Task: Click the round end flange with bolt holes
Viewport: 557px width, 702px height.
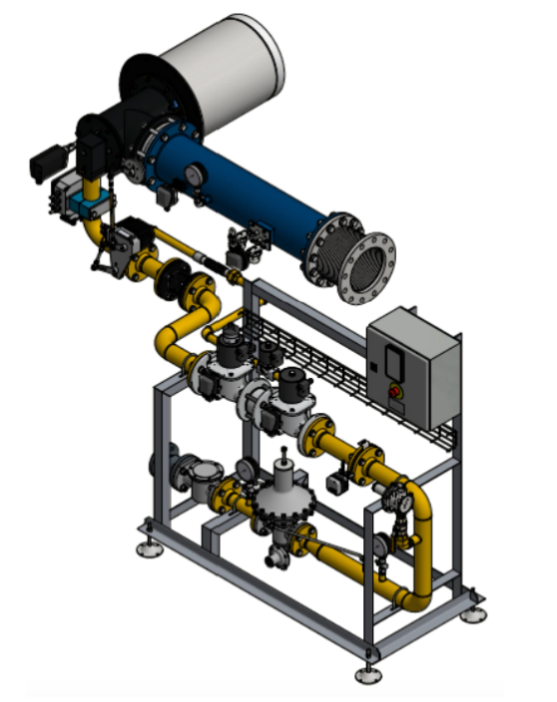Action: (365, 267)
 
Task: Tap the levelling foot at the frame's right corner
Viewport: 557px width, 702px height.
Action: (472, 611)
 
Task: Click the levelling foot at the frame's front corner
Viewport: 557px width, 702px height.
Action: (367, 674)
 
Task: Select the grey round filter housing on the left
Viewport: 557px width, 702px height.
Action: (198, 477)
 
